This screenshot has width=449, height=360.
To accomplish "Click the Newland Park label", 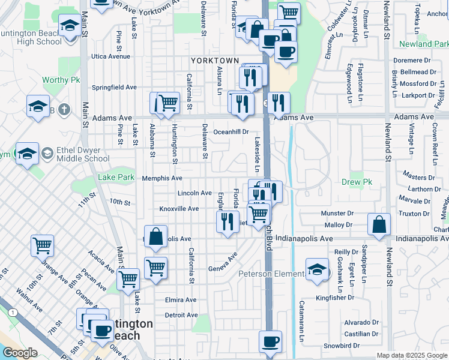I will [423, 44].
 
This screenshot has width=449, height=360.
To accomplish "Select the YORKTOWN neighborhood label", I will [215, 61].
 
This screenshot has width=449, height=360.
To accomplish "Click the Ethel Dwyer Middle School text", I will [83, 155].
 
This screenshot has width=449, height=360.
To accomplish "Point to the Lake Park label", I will [116, 178].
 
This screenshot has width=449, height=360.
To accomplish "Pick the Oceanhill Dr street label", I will [231, 131].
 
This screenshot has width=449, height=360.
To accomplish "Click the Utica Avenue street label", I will [110, 56].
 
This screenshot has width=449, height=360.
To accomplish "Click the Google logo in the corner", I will [20, 353].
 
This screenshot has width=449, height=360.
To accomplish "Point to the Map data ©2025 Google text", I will [411, 355].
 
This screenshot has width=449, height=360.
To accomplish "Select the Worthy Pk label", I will [57, 80].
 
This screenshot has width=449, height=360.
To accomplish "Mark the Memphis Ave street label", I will [162, 178].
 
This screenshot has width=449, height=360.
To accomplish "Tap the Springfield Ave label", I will [114, 87].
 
